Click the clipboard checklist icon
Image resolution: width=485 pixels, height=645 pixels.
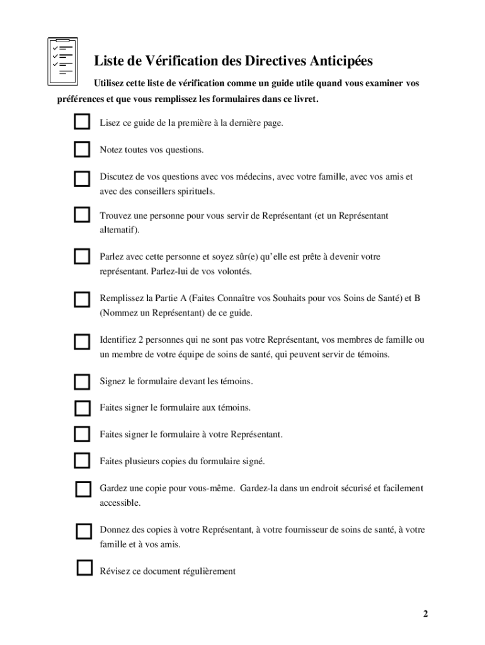pos(63,61)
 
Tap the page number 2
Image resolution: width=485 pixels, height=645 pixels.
pos(426,614)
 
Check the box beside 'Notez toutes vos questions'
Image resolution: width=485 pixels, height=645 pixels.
pos(82,149)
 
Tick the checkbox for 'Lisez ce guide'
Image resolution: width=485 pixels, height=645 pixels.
pos(82,122)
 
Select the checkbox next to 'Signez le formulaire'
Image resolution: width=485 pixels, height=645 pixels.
pos(82,382)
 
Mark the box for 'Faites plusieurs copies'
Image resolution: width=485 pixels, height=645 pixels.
pos(82,460)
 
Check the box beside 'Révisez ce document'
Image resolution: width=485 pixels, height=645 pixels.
pos(84,568)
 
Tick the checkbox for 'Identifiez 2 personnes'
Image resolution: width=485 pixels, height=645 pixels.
pos(82,341)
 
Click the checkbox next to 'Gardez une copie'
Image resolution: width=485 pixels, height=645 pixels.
pos(83,489)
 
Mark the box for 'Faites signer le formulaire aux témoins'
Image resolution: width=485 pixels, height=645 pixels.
pos(82,408)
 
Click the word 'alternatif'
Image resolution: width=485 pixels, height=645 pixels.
pos(118,230)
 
